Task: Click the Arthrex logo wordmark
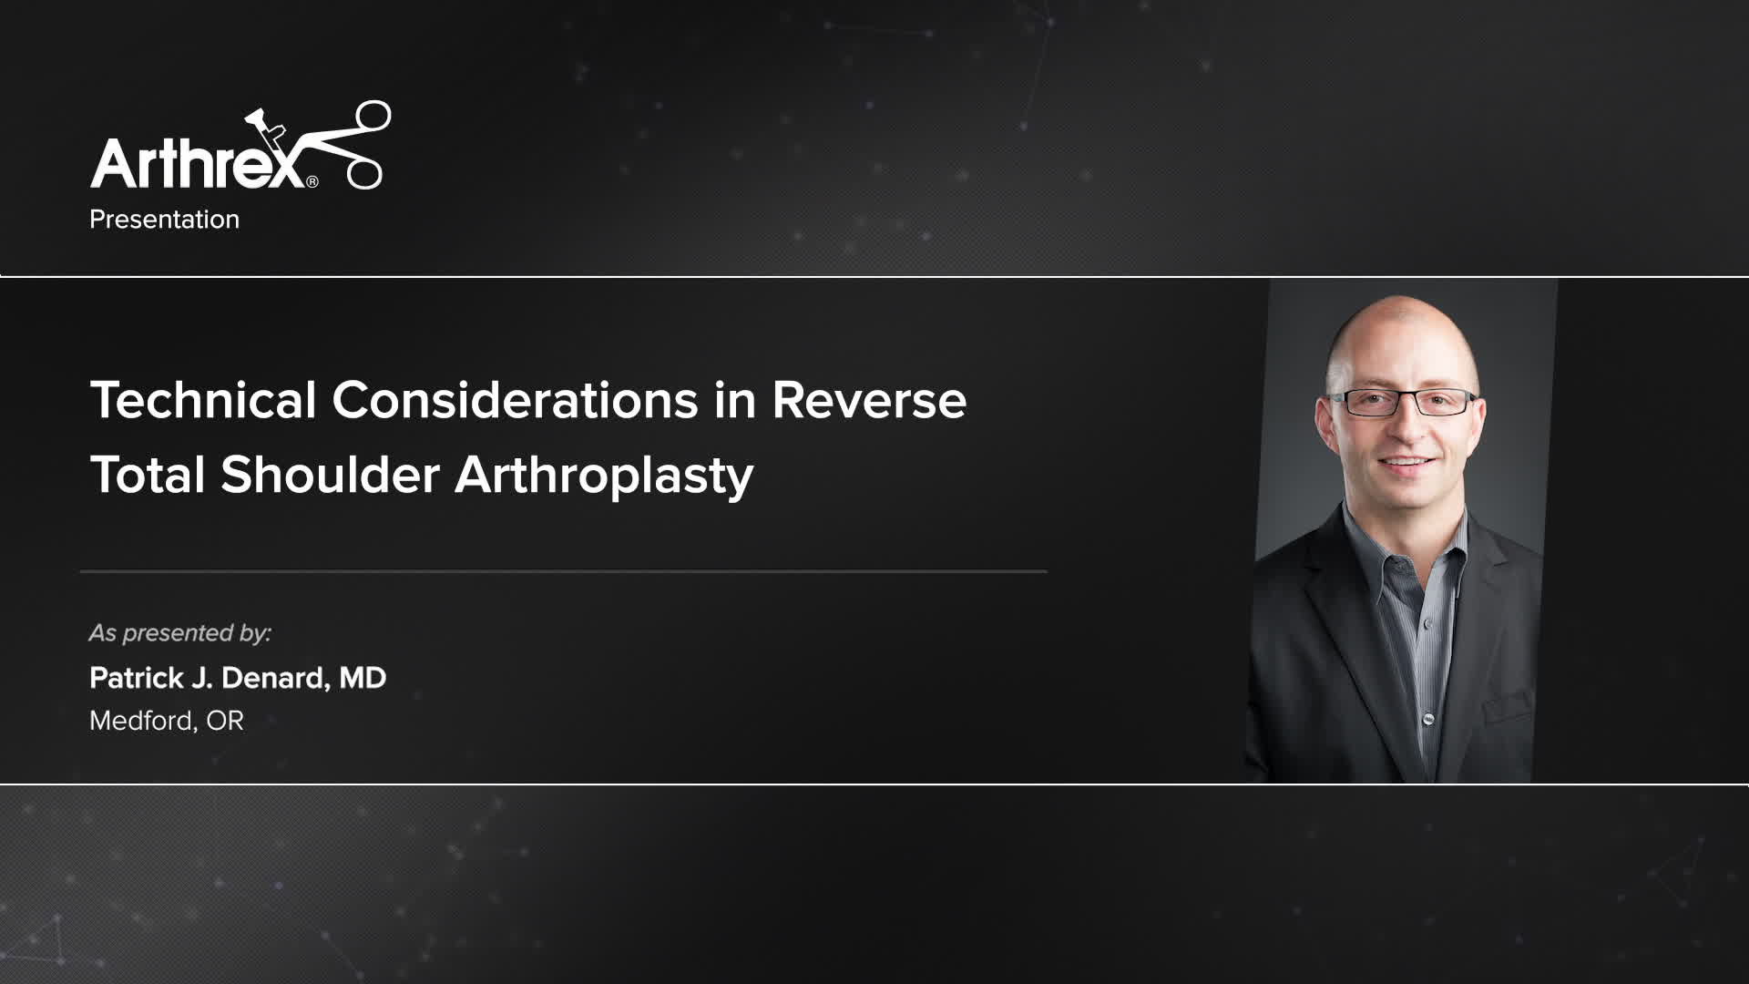pyautogui.click(x=196, y=164)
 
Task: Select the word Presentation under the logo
pyautogui.click(x=164, y=220)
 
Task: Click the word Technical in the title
pyautogui.click(x=203, y=400)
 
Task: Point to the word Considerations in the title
pyautogui.click(x=515, y=400)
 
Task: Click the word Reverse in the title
pyautogui.click(x=869, y=400)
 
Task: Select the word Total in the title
pyautogui.click(x=147, y=475)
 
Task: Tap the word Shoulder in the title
pyautogui.click(x=330, y=475)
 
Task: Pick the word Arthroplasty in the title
pyautogui.click(x=604, y=477)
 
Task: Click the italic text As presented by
pyautogui.click(x=180, y=632)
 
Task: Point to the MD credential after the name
pyautogui.click(x=363, y=678)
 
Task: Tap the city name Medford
pyautogui.click(x=141, y=721)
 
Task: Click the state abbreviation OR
pyautogui.click(x=225, y=721)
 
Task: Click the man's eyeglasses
pyautogui.click(x=1403, y=402)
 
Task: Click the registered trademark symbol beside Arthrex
pyautogui.click(x=312, y=182)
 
